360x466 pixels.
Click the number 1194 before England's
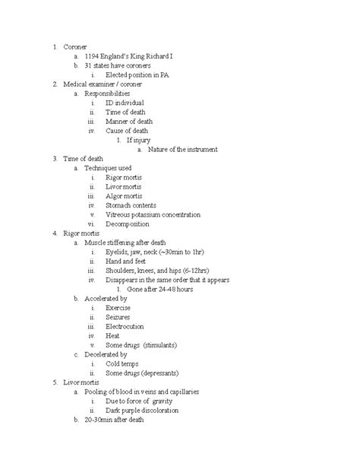point(93,56)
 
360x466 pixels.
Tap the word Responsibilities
point(112,94)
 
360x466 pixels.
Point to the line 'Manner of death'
point(131,121)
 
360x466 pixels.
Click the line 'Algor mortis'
point(126,195)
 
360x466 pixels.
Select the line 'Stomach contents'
point(131,204)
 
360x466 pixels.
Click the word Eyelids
point(119,251)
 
